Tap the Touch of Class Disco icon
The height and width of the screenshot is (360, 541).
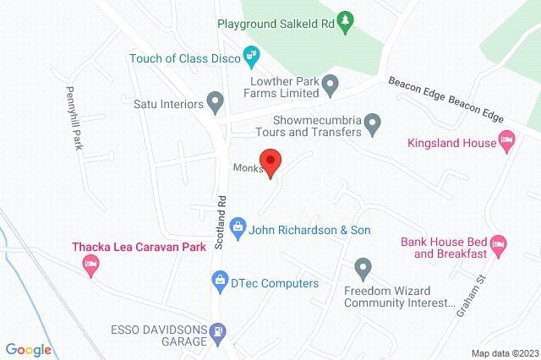(250, 58)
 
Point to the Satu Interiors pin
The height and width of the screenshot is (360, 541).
(215, 104)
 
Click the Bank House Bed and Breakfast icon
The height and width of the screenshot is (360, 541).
(499, 245)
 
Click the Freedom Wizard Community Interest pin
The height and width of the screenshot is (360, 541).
(363, 269)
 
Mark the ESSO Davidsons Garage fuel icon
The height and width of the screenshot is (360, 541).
(219, 332)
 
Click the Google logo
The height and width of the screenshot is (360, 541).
(28, 349)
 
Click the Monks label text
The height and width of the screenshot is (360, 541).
(249, 167)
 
